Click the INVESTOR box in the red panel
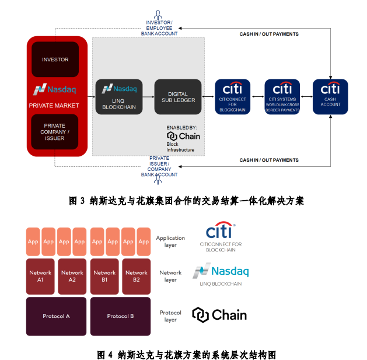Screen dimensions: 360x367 [x=55, y=59]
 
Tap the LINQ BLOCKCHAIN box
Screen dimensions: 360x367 [x=118, y=96]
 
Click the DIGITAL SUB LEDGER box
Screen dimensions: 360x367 [x=178, y=96]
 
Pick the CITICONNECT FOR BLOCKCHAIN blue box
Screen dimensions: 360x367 [x=233, y=96]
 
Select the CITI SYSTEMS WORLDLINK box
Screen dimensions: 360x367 [x=282, y=96]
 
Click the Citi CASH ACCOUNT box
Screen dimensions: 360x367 [x=330, y=96]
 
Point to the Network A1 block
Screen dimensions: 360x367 [x=40, y=276]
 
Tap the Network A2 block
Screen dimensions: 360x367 [x=72, y=276]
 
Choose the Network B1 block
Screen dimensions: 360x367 [x=104, y=276]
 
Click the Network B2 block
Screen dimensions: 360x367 [x=136, y=276]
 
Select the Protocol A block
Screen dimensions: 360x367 [x=56, y=316]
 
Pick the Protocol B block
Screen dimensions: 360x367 [x=120, y=316]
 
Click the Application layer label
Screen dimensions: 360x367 [x=170, y=242]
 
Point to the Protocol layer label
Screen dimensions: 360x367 [x=170, y=316]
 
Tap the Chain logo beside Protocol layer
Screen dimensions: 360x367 [x=219, y=315]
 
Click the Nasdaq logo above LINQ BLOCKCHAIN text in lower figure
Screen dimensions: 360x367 [x=221, y=271]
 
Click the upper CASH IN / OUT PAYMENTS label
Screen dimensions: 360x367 [x=269, y=34]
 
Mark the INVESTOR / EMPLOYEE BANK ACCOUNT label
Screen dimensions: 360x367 [x=159, y=28]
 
